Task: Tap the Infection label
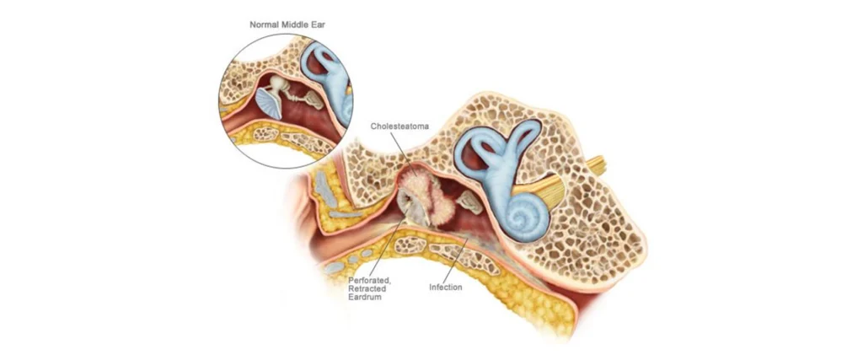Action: pyautogui.click(x=445, y=287)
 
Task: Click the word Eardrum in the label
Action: pyautogui.click(x=364, y=298)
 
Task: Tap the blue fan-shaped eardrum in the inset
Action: pyautogui.click(x=269, y=102)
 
